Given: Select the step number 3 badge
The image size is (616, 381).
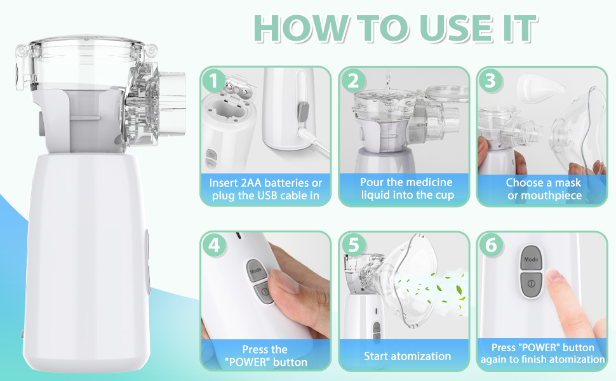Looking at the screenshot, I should point(490,81).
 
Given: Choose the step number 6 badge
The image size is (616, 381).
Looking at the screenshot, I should point(490,245).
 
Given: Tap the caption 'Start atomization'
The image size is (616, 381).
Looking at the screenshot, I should point(407,356).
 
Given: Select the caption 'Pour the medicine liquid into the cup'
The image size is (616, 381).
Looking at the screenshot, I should point(407,189).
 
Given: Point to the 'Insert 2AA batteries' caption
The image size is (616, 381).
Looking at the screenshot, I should point(265,182).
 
